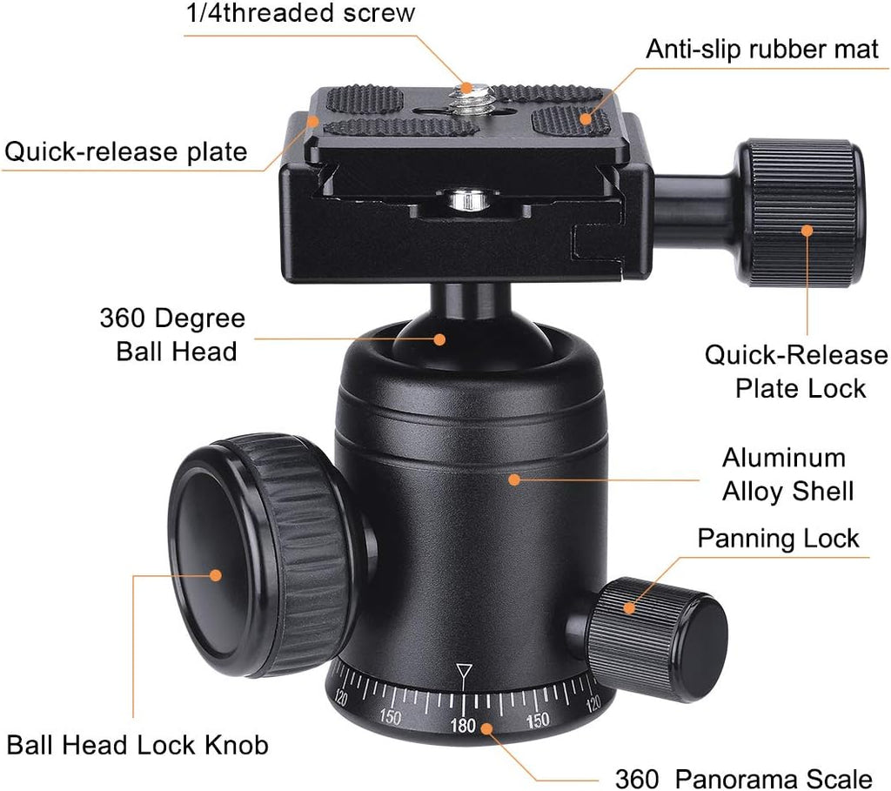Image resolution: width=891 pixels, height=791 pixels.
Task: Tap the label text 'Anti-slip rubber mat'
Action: point(762,49)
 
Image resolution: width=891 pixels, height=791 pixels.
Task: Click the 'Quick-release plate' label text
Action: point(126,151)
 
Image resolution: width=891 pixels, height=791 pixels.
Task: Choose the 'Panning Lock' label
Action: point(778,539)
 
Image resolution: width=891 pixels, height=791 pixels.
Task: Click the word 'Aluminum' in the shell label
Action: point(783,458)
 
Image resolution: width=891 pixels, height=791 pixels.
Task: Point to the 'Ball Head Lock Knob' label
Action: point(137,745)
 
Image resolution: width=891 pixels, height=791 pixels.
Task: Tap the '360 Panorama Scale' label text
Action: point(743,778)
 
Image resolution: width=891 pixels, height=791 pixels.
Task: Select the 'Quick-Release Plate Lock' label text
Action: point(795,372)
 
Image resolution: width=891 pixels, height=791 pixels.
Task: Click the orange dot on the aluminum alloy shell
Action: point(514,479)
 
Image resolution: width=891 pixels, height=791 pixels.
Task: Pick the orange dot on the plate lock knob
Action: point(807,231)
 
